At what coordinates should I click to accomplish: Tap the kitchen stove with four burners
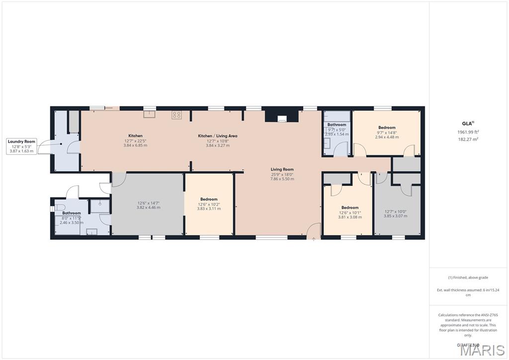(x=176, y=115)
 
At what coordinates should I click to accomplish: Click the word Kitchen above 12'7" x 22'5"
(x=135, y=136)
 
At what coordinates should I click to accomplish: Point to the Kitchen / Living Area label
(x=217, y=136)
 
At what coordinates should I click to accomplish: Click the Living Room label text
(x=282, y=169)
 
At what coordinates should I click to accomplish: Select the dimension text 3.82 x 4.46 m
(x=148, y=208)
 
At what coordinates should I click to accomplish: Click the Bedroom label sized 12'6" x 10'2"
(x=209, y=199)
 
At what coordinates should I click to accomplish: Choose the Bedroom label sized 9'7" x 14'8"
(x=386, y=128)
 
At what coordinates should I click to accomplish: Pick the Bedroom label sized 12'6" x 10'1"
(x=349, y=207)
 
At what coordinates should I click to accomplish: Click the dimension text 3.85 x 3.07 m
(x=395, y=216)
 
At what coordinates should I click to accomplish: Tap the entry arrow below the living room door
(x=314, y=239)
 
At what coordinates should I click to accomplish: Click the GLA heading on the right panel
(x=467, y=123)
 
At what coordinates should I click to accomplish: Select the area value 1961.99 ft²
(x=468, y=132)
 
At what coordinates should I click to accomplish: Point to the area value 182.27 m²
(x=468, y=139)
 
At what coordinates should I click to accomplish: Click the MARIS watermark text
(x=482, y=350)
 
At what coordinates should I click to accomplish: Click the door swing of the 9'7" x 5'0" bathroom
(x=341, y=149)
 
